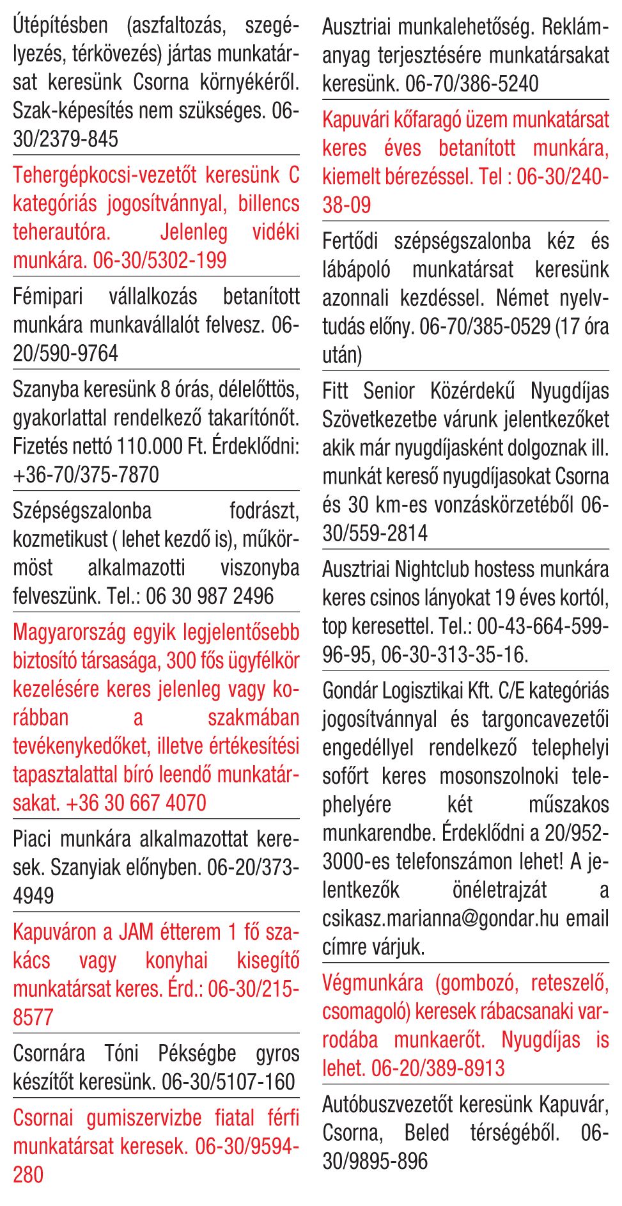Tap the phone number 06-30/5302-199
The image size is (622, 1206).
click(x=160, y=260)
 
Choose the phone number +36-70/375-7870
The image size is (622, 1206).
click(x=86, y=475)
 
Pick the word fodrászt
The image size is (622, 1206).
click(x=264, y=511)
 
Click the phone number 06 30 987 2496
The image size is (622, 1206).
click(x=210, y=596)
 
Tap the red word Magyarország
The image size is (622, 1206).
click(x=70, y=632)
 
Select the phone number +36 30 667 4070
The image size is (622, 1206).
click(x=136, y=803)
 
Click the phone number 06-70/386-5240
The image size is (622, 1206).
click(x=472, y=83)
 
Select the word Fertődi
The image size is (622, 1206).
click(x=350, y=241)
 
